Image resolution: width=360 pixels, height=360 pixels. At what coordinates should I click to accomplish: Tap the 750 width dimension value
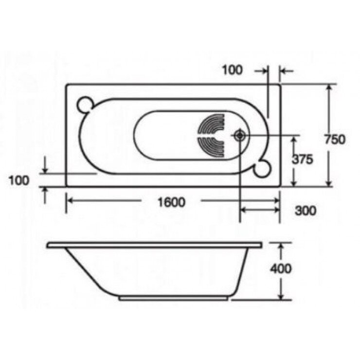click(x=334, y=139)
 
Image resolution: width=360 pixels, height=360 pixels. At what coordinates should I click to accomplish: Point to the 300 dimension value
click(x=306, y=211)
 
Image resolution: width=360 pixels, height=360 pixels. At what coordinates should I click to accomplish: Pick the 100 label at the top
click(x=232, y=70)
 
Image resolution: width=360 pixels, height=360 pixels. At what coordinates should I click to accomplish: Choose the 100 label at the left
click(x=19, y=180)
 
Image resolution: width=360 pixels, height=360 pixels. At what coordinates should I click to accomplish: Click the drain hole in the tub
click(x=239, y=136)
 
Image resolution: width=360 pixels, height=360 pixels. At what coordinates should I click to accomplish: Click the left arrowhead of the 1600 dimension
click(x=70, y=200)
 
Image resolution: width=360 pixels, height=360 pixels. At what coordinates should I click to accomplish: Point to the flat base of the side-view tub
click(x=175, y=297)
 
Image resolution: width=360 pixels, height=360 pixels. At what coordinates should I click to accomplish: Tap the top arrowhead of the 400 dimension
click(x=281, y=245)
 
